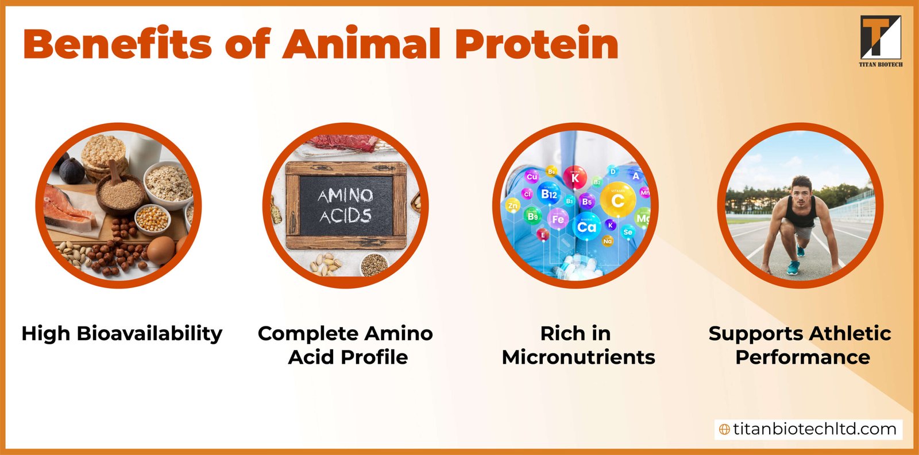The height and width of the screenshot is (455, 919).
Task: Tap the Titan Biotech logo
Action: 880,40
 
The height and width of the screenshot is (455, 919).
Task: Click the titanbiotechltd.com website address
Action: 814,429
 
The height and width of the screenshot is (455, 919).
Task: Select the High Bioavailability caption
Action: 122,333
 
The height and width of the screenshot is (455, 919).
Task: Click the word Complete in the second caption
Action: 308,333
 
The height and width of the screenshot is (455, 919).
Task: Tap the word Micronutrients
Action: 578,357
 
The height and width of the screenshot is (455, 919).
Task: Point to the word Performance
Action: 802,357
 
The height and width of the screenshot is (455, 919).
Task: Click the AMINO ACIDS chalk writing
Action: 345,205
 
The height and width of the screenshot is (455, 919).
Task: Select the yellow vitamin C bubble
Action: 617,200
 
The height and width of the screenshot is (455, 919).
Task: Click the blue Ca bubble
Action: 586,227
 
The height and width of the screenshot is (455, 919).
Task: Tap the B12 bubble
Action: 549,195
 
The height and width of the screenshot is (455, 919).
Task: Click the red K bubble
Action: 575,178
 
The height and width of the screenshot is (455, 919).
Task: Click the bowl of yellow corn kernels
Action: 152,219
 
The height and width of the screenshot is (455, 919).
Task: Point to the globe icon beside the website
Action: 725,429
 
